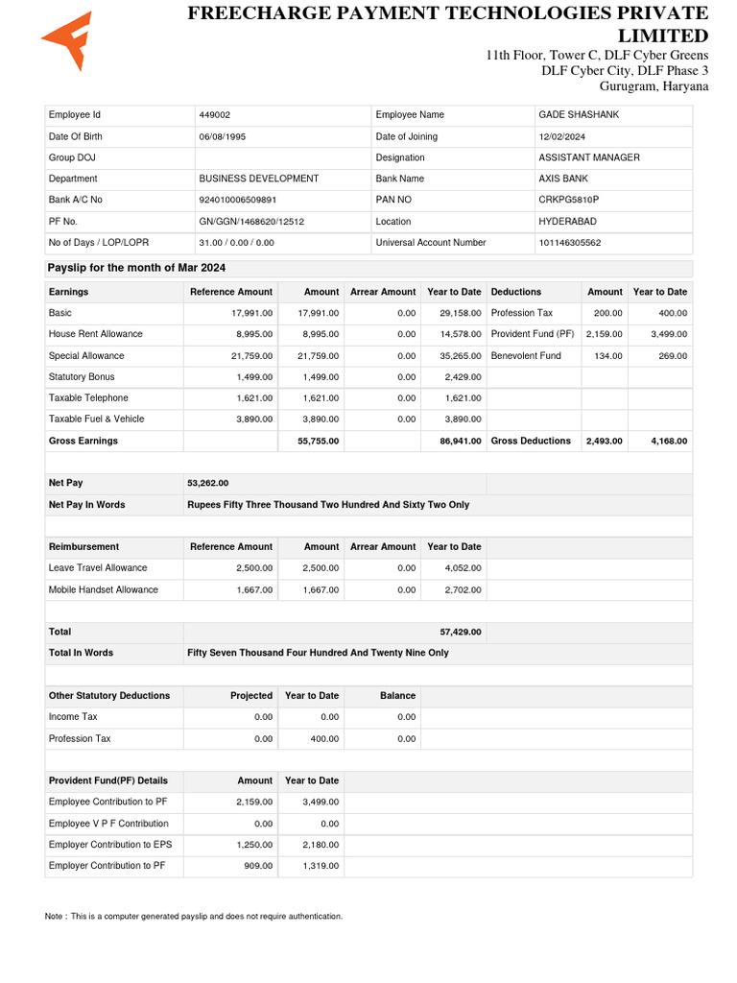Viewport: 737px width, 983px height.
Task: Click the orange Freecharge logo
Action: (x=67, y=41)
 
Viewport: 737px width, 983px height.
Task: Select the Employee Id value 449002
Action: (x=214, y=115)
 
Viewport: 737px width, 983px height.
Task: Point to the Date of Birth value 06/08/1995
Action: (x=222, y=136)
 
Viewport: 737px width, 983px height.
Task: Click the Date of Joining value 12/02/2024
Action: (x=561, y=136)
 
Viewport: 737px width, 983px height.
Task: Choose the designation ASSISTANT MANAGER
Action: (x=588, y=157)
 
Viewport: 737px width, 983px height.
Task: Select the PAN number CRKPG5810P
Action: (x=568, y=200)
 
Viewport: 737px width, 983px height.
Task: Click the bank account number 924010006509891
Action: (x=237, y=200)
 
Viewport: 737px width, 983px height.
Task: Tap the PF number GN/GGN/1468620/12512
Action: (x=251, y=221)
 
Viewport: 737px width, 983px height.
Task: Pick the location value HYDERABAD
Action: (x=566, y=221)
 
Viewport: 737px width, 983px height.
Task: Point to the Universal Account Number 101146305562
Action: (x=570, y=243)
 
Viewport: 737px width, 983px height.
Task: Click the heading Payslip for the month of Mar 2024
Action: (x=137, y=268)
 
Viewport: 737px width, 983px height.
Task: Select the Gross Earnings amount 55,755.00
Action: (x=317, y=441)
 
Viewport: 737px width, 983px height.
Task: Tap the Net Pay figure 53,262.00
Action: (x=208, y=483)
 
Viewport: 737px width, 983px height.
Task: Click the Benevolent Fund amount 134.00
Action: (x=608, y=355)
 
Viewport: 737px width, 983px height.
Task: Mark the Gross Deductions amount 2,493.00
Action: (x=604, y=441)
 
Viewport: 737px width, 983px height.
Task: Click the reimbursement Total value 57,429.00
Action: (x=460, y=632)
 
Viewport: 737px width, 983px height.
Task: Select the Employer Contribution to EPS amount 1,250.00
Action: (x=254, y=845)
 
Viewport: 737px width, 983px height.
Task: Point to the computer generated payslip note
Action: (x=194, y=917)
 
